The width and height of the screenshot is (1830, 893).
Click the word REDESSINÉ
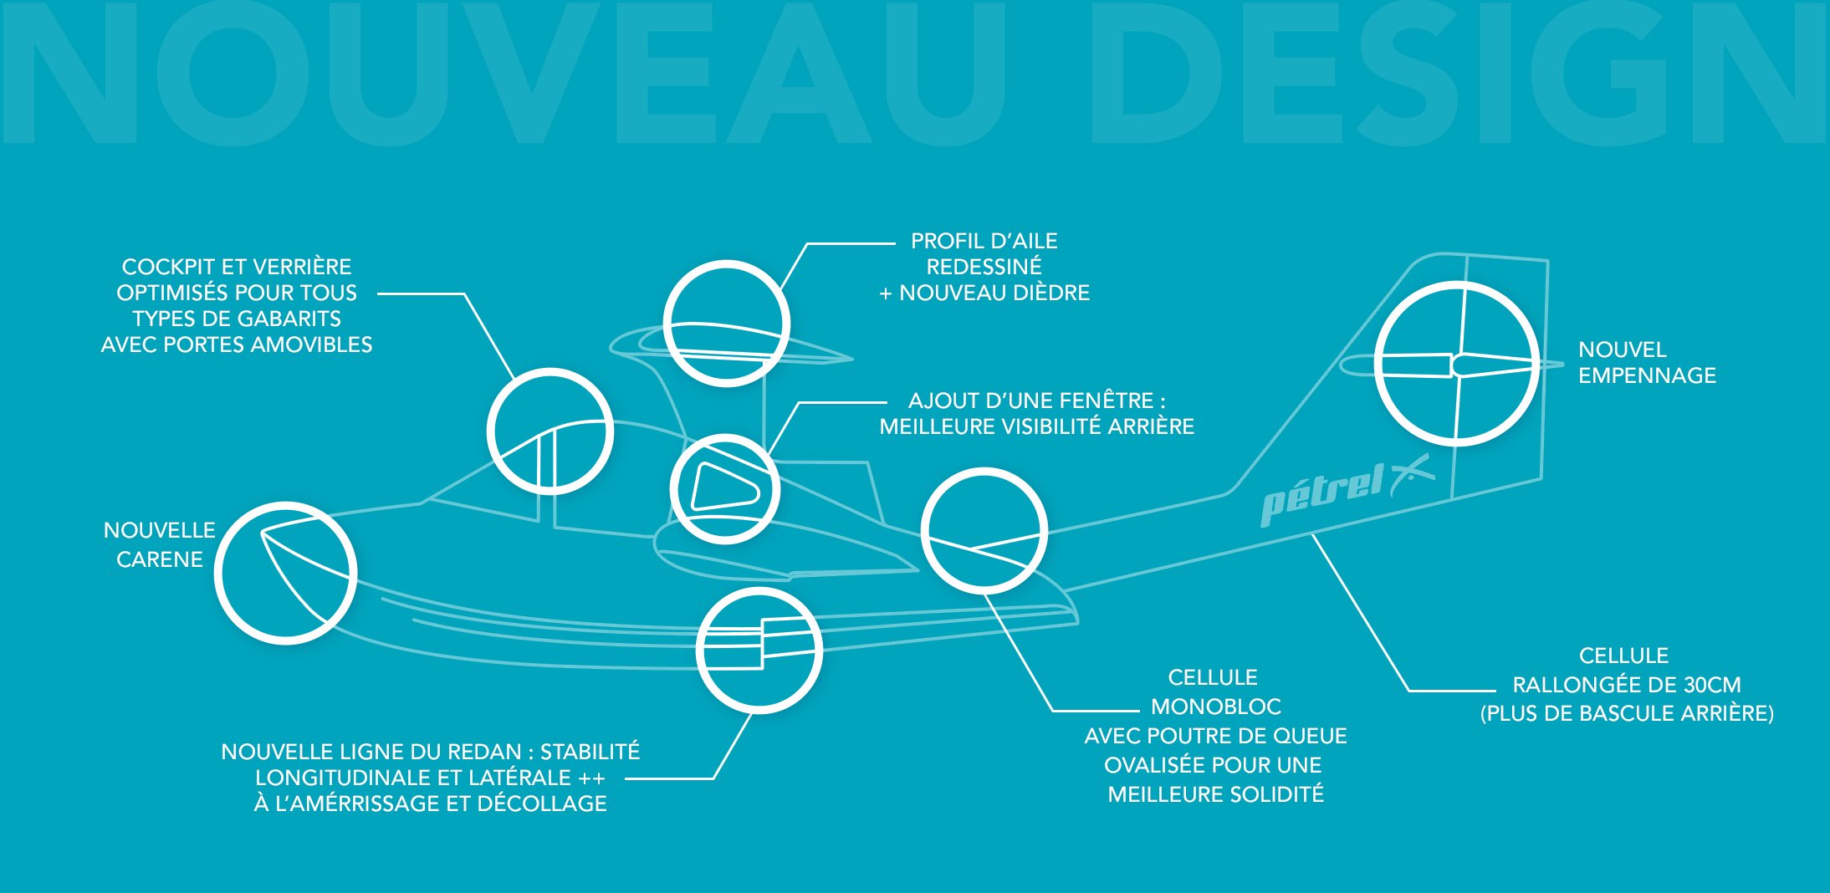(984, 267)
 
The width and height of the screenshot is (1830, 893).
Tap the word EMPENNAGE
(1647, 375)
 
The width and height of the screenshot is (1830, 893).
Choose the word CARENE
(160, 559)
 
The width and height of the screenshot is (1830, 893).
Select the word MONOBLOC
(1216, 707)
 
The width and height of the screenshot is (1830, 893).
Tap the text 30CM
(1712, 685)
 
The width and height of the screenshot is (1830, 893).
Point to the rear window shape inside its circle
(723, 487)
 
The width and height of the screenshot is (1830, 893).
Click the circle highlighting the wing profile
(726, 324)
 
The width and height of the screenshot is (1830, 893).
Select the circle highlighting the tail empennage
(1456, 364)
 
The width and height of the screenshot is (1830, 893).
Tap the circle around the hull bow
(285, 573)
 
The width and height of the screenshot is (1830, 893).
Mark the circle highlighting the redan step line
(759, 650)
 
